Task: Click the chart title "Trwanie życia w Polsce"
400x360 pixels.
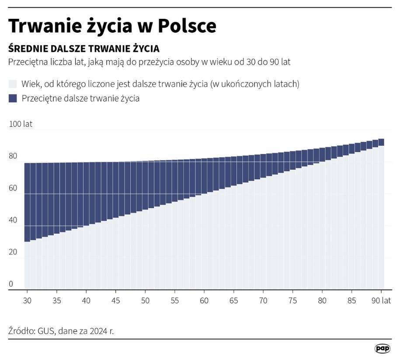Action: click(x=112, y=26)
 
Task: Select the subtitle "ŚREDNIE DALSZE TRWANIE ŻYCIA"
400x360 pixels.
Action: click(x=83, y=48)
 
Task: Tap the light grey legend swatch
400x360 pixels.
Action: click(x=13, y=84)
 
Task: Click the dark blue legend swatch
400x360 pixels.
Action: click(x=13, y=98)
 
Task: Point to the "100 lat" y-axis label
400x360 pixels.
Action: click(x=21, y=124)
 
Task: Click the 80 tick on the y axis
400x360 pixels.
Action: click(x=14, y=156)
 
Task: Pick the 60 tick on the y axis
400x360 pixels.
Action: click(x=14, y=189)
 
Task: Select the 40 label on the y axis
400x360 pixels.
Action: click(x=14, y=220)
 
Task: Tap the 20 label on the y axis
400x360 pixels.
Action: click(x=14, y=252)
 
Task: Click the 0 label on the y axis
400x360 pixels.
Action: click(x=11, y=284)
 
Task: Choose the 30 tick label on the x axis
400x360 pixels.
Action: click(x=28, y=301)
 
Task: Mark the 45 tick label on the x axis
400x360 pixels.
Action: click(x=116, y=301)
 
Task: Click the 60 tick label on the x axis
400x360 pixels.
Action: click(x=204, y=301)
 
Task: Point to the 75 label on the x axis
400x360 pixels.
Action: click(x=292, y=301)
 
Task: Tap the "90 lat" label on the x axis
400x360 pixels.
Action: click(x=381, y=301)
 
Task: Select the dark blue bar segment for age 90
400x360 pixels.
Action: click(x=381, y=142)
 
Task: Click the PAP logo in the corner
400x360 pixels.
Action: click(x=383, y=348)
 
